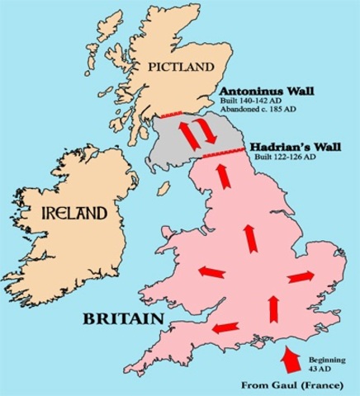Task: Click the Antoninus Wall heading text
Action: (265, 92)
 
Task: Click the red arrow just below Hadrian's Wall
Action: (220, 173)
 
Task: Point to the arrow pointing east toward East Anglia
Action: (301, 276)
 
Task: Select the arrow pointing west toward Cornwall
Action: (221, 328)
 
